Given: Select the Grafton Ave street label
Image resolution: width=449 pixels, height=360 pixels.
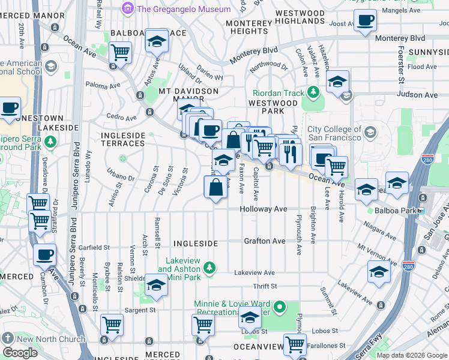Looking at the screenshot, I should click(x=264, y=241).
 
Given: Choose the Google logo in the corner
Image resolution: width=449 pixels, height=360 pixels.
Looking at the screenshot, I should click(x=20, y=353).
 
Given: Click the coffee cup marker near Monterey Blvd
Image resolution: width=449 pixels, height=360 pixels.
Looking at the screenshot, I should click(x=364, y=21).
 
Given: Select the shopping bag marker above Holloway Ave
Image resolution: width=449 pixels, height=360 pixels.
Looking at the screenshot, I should click(x=216, y=187).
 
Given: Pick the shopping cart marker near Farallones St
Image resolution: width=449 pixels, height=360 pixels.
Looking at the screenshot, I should click(x=295, y=344).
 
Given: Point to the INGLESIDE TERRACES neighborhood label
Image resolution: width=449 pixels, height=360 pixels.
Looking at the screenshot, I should click(x=122, y=139).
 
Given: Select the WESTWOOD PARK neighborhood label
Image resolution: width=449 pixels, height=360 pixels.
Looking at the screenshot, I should click(x=273, y=107).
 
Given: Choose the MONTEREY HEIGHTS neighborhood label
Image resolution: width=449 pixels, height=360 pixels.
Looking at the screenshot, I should click(x=249, y=27).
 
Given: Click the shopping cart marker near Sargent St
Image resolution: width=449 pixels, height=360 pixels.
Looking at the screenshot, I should click(x=112, y=325).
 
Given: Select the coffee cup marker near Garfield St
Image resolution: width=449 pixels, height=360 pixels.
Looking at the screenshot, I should click(x=44, y=254).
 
